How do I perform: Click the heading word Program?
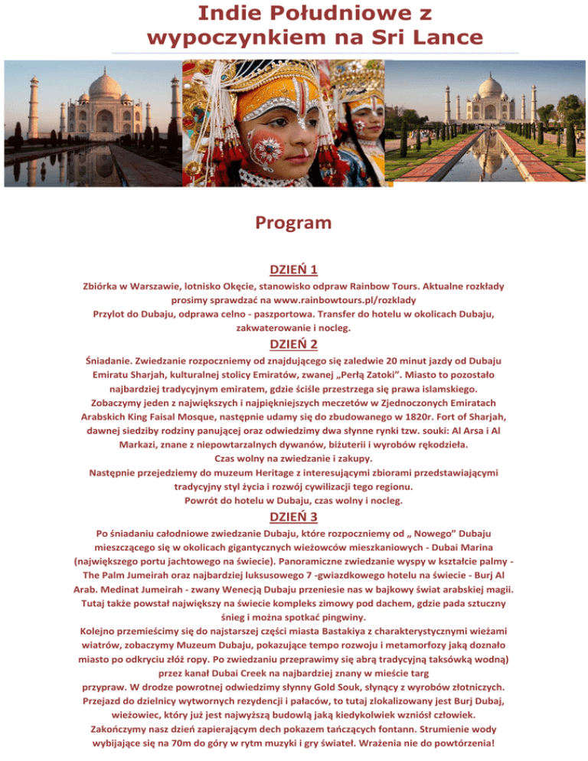[294, 224]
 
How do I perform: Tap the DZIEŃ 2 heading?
[294, 344]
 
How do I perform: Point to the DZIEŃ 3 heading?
[294, 517]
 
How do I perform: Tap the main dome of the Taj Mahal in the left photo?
[105, 85]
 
